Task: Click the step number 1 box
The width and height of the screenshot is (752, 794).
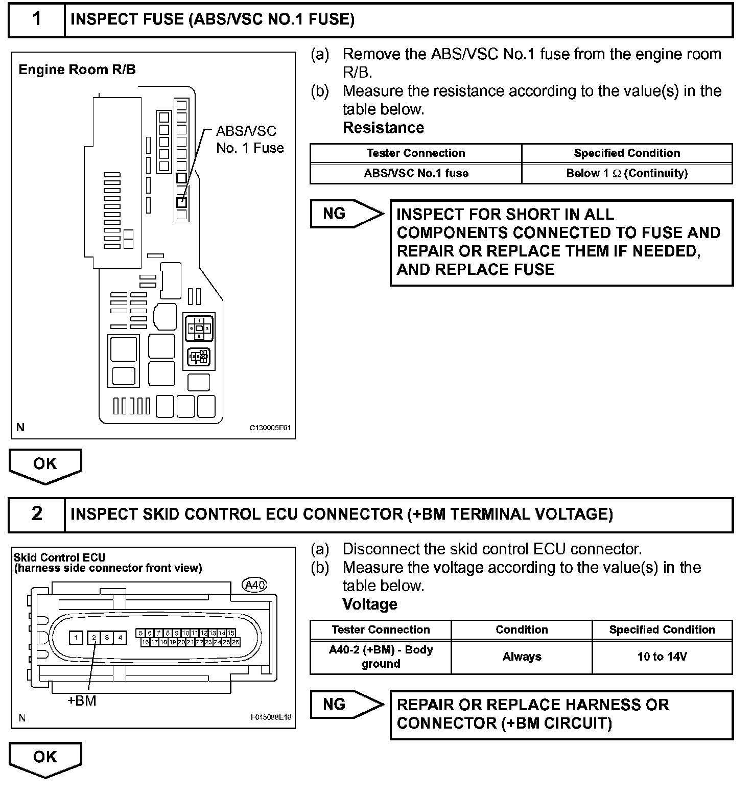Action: coord(37,19)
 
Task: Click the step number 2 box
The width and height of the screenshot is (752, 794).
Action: coord(37,514)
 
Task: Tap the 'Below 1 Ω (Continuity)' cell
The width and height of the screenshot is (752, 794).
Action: coord(627,173)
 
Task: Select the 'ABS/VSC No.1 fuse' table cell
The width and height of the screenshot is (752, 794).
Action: coord(416,173)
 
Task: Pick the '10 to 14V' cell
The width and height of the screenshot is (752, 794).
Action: coord(662,657)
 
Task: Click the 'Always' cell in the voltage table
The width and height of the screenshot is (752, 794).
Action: coord(522,657)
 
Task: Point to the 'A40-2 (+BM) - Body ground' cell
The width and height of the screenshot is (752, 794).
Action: coord(381,657)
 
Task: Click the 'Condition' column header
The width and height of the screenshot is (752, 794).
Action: coord(522,629)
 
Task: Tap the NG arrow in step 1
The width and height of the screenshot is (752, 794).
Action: coord(346,214)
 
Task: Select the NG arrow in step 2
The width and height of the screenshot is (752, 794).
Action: coord(346,705)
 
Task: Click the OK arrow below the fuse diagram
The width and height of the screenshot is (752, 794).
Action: coord(45,465)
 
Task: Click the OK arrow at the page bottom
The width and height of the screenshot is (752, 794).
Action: coord(45,758)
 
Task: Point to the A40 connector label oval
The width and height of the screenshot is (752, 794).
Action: coord(254,585)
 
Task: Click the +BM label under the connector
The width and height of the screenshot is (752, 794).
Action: coord(82,700)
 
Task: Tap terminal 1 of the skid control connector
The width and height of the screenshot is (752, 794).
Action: coord(76,638)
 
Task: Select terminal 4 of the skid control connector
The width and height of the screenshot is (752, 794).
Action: coord(120,638)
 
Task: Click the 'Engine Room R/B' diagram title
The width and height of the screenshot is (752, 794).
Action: coord(77,69)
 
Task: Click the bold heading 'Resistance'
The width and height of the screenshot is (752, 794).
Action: coord(383,128)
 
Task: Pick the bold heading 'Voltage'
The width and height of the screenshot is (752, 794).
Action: coord(370,604)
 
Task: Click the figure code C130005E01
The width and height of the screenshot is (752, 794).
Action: coord(270,428)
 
